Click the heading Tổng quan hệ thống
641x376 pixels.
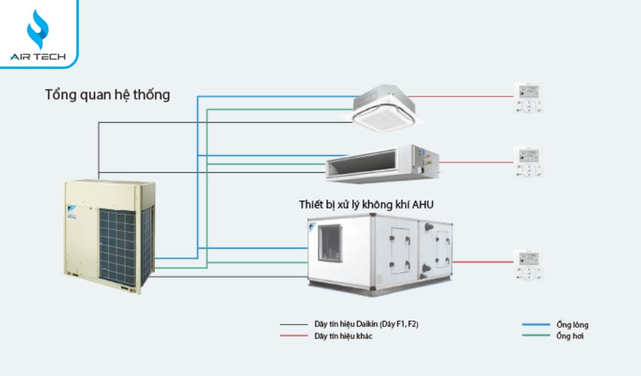coord(107,95)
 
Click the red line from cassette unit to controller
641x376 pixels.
coord(463,97)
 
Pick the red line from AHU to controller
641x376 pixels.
coord(482,262)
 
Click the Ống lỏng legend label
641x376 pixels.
coord(572,325)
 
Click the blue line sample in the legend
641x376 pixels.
coord(535,325)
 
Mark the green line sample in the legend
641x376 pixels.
coord(535,337)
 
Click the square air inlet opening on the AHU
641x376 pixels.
coord(330,242)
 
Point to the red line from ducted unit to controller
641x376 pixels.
coord(476,162)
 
